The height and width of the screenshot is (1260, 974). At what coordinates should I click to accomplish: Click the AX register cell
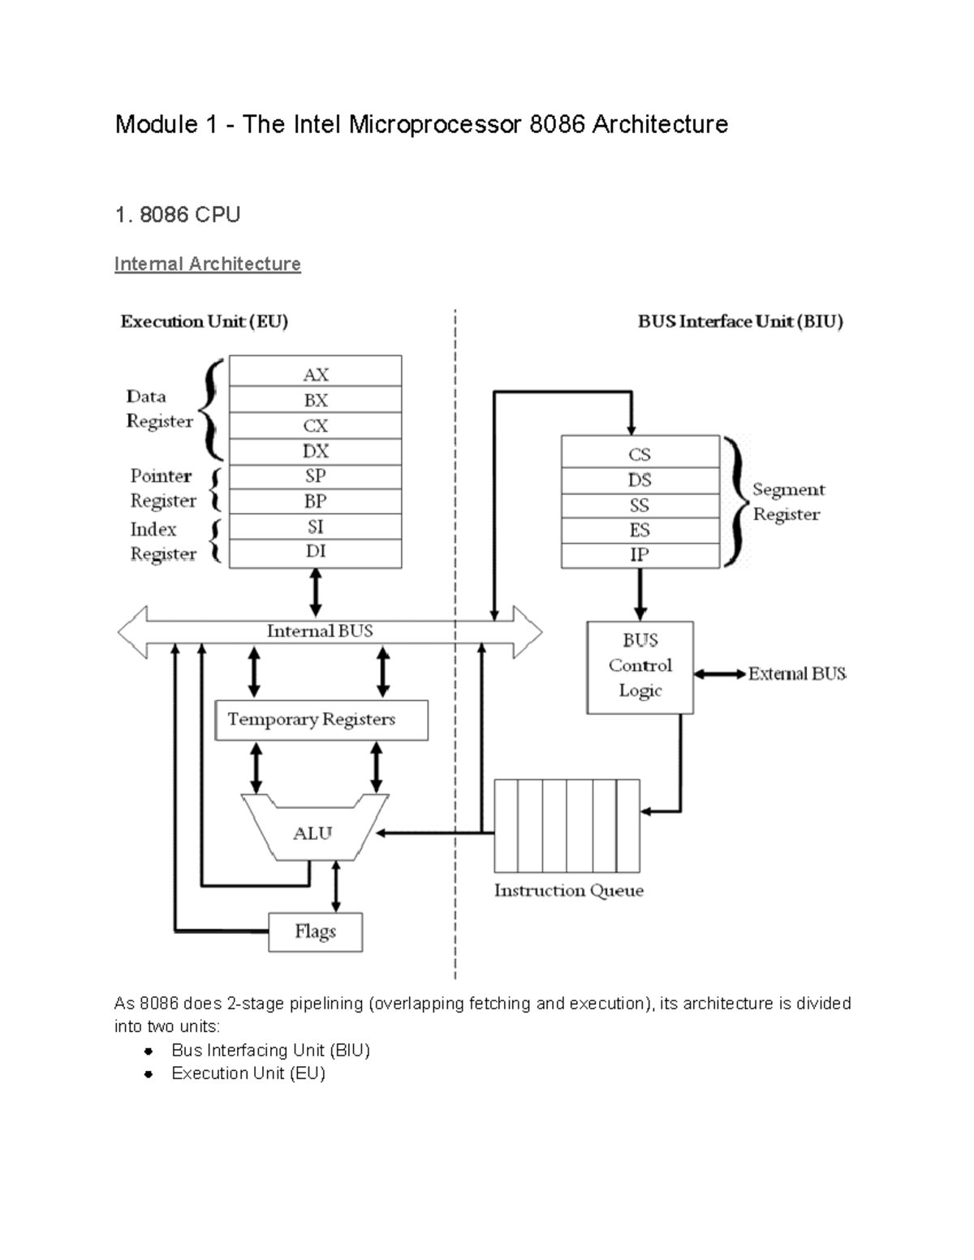point(315,373)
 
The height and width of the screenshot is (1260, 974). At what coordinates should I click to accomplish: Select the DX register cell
point(315,451)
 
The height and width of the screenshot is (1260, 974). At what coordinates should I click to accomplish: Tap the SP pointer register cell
point(315,476)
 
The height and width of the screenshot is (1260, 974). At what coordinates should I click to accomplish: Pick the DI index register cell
point(315,552)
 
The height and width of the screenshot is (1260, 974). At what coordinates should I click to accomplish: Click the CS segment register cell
point(640,454)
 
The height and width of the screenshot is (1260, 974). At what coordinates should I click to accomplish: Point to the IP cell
point(640,555)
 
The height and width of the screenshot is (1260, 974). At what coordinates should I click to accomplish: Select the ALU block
point(312,833)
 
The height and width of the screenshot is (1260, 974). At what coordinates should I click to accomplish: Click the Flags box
point(315,931)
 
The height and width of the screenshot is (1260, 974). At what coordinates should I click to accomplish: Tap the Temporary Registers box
point(321,720)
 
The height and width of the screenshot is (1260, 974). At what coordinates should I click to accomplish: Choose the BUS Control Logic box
point(640,667)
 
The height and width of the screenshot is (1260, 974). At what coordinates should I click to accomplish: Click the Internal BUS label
point(320,631)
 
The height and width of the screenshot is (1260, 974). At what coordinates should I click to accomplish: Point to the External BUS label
point(797,673)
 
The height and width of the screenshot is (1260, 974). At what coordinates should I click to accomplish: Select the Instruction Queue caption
point(568,890)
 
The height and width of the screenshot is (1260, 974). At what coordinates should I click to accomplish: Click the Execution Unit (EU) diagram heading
point(204,321)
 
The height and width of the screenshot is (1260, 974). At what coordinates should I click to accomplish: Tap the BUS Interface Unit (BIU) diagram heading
point(740,321)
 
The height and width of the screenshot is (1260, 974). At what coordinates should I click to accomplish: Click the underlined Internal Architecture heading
point(207,264)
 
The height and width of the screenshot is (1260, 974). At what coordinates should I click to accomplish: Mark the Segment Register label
point(787,501)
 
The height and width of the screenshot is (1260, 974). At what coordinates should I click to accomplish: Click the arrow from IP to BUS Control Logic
point(640,594)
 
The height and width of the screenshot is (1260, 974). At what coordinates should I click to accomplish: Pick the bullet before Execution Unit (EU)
point(148,1074)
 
